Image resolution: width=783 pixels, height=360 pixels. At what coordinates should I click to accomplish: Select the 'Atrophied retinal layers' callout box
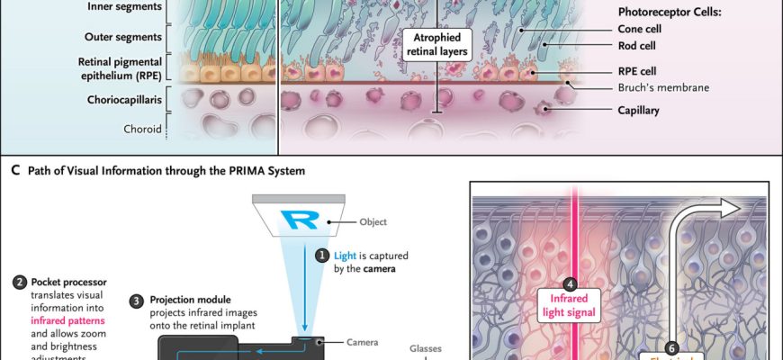point(438,44)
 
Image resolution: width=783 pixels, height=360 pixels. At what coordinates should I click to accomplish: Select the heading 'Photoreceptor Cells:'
point(666,13)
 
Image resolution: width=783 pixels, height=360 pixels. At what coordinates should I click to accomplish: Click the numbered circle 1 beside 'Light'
point(321,255)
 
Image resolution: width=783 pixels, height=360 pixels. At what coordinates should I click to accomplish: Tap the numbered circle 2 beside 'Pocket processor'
point(19,283)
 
